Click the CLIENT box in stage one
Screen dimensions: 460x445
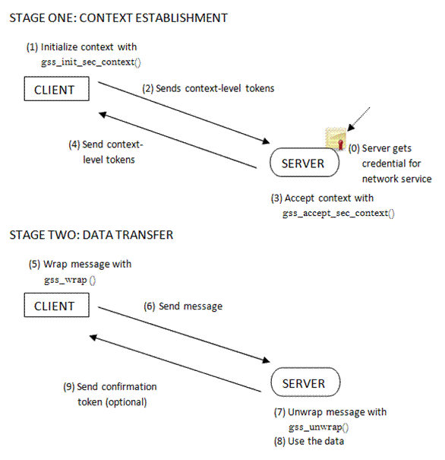pyautogui.click(x=55, y=90)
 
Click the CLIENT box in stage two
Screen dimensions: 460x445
pyautogui.click(x=55, y=306)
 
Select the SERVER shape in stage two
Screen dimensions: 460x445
pyautogui.click(x=304, y=383)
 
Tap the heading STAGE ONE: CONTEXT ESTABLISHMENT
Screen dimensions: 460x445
pyautogui.click(x=118, y=17)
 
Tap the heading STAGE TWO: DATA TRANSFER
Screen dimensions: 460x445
pyautogui.click(x=91, y=235)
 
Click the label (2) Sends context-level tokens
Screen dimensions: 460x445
pyautogui.click(x=208, y=88)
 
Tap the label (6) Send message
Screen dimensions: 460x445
pyautogui.click(x=183, y=306)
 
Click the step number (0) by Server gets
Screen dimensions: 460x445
pyautogui.click(x=355, y=148)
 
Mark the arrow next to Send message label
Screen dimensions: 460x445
pyautogui.click(x=182, y=331)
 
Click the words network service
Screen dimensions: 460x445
pyautogui.click(x=396, y=179)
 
